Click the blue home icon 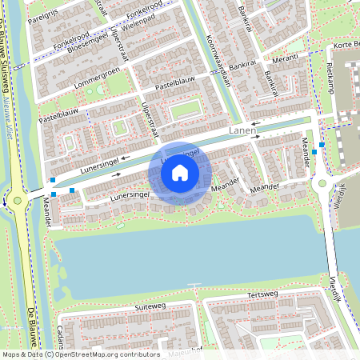point(180,173)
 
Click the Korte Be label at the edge point(346,45)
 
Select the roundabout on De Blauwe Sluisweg point(17,201)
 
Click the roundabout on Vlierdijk point(323,183)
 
